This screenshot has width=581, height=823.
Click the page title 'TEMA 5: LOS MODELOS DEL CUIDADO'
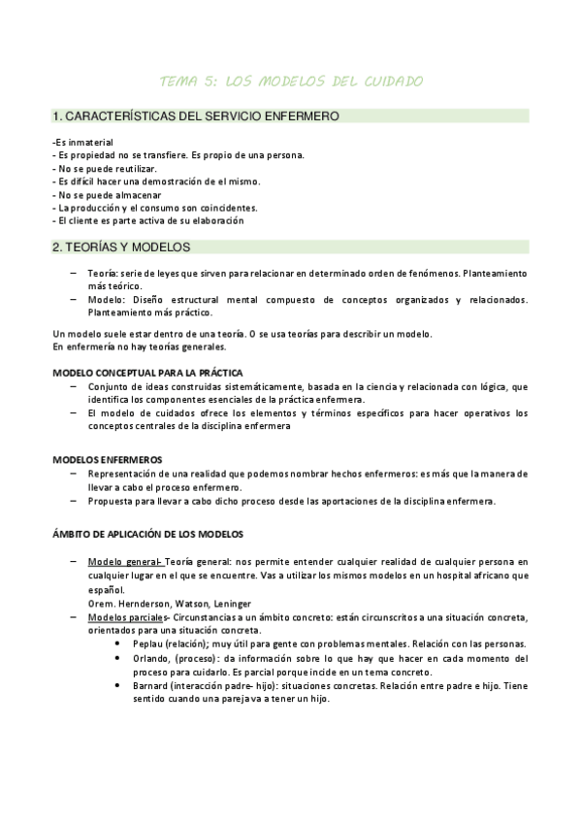coord(290,81)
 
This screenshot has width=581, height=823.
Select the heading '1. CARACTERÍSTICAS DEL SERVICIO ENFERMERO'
coord(195,116)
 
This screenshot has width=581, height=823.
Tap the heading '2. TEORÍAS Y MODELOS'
coord(121,247)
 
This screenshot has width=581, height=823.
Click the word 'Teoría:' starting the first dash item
coord(103,275)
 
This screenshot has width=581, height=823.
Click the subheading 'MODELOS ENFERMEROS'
coord(107,459)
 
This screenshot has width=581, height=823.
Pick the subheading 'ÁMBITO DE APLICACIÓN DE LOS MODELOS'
coord(147,533)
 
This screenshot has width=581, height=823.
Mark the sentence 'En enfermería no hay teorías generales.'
coord(139,346)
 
